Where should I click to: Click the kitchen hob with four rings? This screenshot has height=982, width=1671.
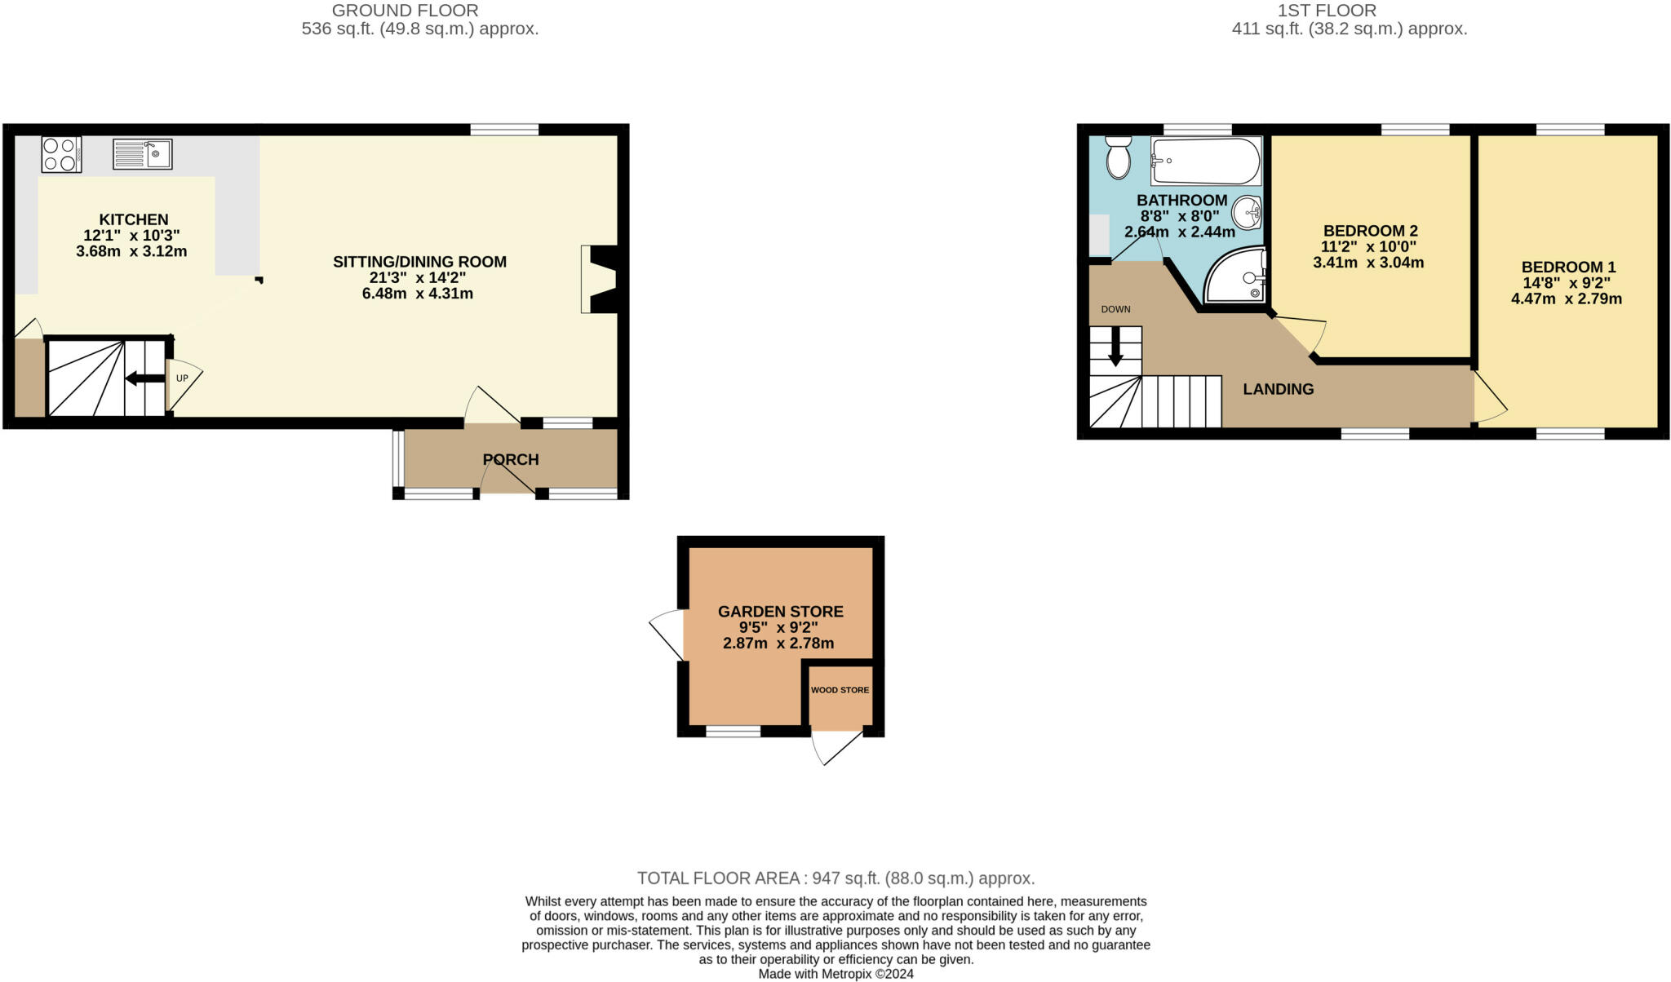pyautogui.click(x=61, y=154)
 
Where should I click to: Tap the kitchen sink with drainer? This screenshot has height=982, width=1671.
pyautogui.click(x=143, y=153)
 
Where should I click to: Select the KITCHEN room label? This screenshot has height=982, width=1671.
pyautogui.click(x=134, y=219)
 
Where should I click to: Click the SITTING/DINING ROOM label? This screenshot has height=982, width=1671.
pyautogui.click(x=419, y=262)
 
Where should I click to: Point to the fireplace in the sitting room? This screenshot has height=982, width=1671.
pyautogui.click(x=600, y=279)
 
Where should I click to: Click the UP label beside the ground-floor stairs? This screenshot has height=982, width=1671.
pyautogui.click(x=182, y=378)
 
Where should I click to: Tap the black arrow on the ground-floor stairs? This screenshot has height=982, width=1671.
pyautogui.click(x=145, y=378)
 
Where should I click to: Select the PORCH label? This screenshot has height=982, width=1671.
pyautogui.click(x=511, y=459)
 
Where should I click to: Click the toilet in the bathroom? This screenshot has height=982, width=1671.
pyautogui.click(x=1119, y=157)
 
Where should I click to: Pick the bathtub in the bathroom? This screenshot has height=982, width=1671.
pyautogui.click(x=1206, y=161)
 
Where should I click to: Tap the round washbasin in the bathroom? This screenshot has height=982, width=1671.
pyautogui.click(x=1248, y=213)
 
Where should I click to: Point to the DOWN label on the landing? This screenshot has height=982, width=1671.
pyautogui.click(x=1115, y=309)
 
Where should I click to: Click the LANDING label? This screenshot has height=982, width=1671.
pyautogui.click(x=1279, y=389)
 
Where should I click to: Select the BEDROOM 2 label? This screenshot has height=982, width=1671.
pyautogui.click(x=1370, y=231)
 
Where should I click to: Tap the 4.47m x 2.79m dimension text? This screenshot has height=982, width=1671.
pyautogui.click(x=1567, y=299)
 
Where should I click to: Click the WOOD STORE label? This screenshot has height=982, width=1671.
pyautogui.click(x=840, y=690)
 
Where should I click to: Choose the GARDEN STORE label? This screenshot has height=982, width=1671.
pyautogui.click(x=781, y=611)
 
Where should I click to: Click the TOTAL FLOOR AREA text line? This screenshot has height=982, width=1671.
pyautogui.click(x=836, y=878)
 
